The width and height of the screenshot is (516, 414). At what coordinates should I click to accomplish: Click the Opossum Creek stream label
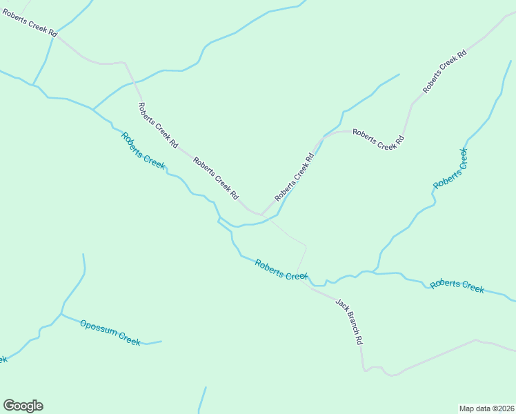[x=110, y=333]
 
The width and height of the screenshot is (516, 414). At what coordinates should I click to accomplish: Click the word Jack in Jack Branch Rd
[x=340, y=304]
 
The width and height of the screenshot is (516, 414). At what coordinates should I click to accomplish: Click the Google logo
[x=23, y=406]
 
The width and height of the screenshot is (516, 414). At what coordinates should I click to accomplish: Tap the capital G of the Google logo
[x=9, y=405]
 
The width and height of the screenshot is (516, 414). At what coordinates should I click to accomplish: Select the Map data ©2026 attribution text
[x=486, y=408]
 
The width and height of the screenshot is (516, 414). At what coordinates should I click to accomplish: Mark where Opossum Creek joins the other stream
[x=61, y=314]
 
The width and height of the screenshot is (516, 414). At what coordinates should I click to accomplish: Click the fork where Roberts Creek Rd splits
[x=260, y=214]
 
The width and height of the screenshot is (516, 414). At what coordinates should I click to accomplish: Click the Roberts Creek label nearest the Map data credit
[x=457, y=286]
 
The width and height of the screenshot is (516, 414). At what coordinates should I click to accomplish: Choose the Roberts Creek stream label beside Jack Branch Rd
[x=280, y=269]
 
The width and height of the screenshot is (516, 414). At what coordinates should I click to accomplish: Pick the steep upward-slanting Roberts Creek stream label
[x=450, y=168]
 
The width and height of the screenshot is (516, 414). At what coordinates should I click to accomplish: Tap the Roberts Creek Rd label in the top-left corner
[x=29, y=23]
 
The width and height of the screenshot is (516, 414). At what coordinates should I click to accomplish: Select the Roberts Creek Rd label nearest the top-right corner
[x=445, y=72]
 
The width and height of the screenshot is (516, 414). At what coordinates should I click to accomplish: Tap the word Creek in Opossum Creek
[x=129, y=338]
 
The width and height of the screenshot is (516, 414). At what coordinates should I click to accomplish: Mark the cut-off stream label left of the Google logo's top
[x=3, y=359]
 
